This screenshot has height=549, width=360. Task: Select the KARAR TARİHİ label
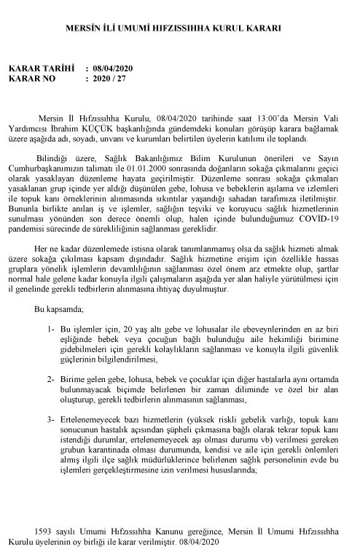tap(41, 68)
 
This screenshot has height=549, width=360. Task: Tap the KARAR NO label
tap(34, 78)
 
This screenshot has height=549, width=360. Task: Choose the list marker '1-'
tap(50, 330)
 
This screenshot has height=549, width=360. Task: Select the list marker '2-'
tap(50, 380)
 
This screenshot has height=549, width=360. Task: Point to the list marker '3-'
tap(50, 420)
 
